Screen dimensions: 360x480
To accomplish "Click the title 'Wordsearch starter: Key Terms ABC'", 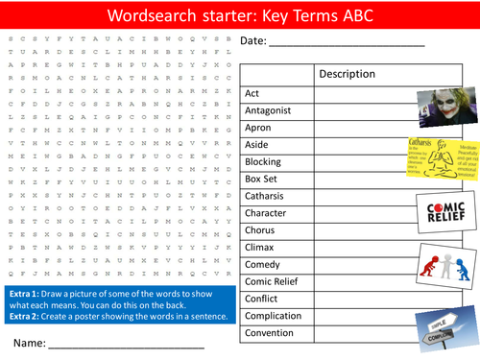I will (240, 15).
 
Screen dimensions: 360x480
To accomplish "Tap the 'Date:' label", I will (254, 40).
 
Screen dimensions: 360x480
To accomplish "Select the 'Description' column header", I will (347, 74).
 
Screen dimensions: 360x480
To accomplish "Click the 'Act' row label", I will (253, 93).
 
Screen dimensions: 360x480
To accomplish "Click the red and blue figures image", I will (446, 264).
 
